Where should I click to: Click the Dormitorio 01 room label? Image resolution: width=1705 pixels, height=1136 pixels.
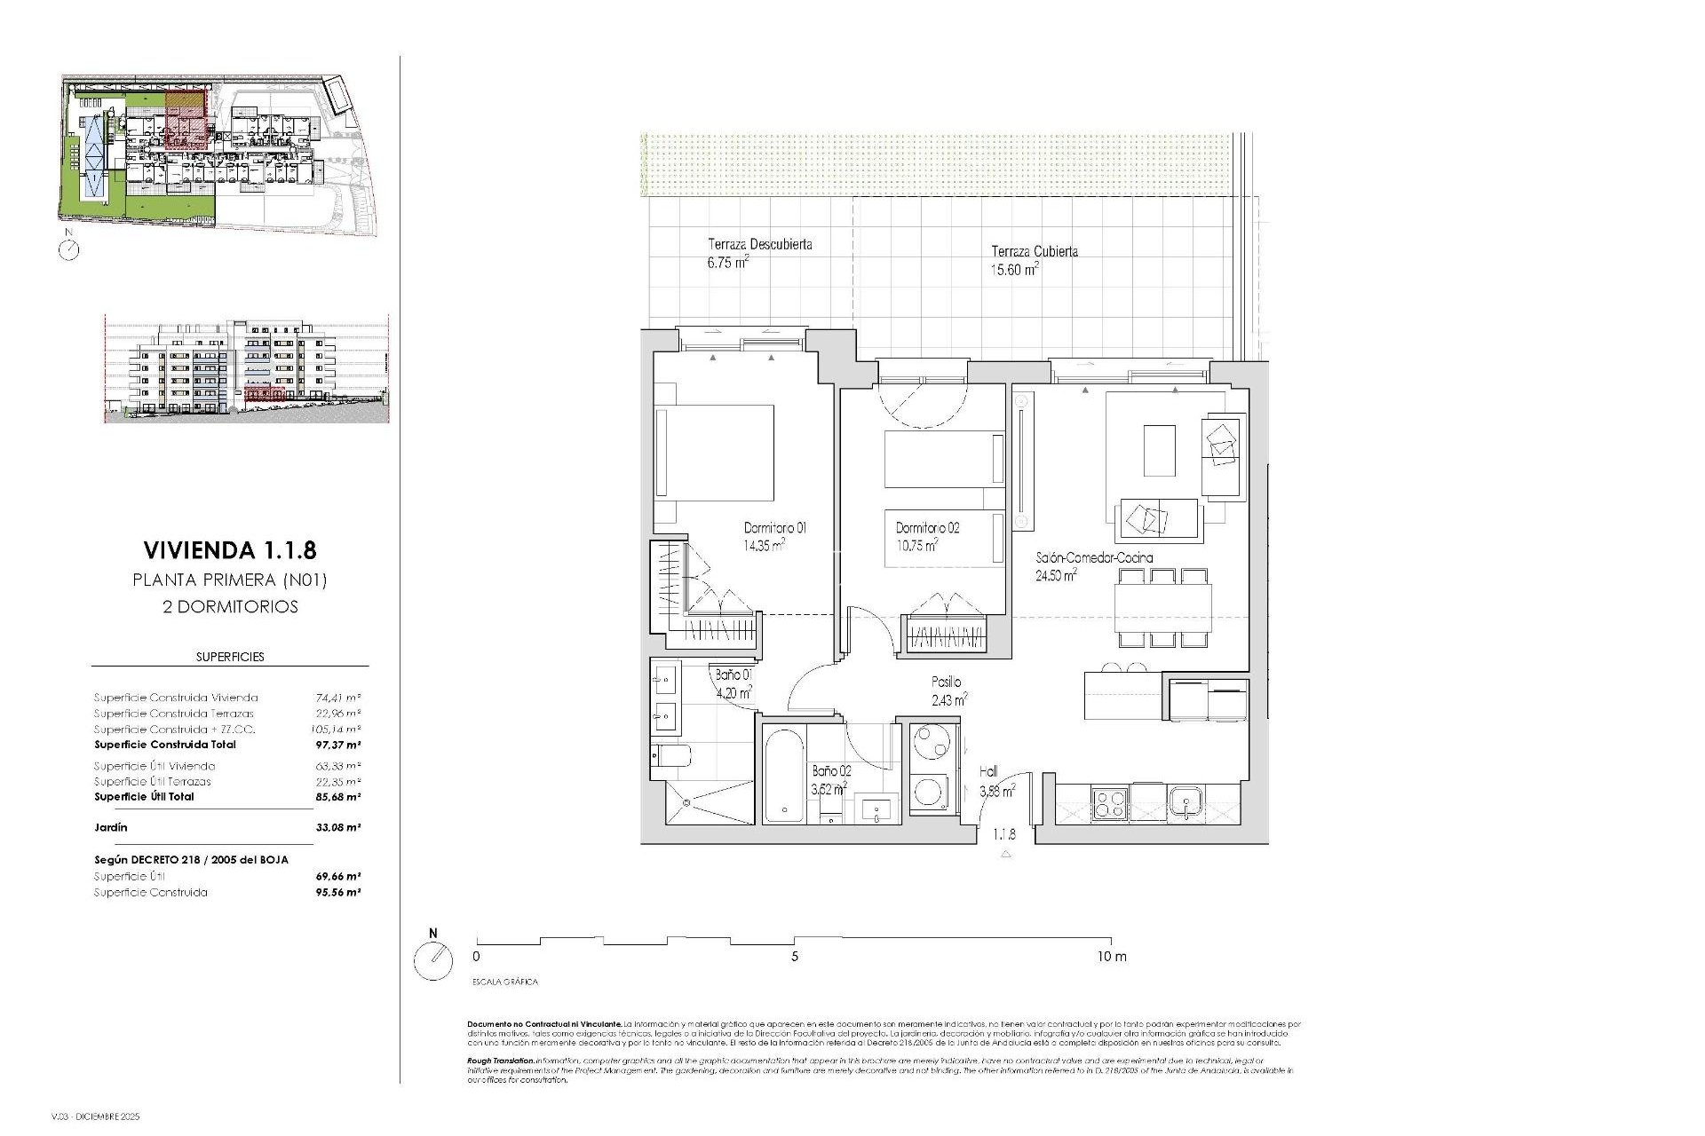pyautogui.click(x=774, y=528)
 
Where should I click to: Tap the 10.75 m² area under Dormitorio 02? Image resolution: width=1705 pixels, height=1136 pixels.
pyautogui.click(x=917, y=546)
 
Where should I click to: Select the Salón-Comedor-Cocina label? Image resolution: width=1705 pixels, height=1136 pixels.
pyautogui.click(x=1094, y=558)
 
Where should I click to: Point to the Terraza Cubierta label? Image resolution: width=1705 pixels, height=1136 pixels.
pyautogui.click(x=1035, y=251)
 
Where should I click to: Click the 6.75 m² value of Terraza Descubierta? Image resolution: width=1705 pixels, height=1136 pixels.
pyautogui.click(x=727, y=262)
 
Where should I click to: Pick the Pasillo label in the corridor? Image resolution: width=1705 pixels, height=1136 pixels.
pyautogui.click(x=946, y=682)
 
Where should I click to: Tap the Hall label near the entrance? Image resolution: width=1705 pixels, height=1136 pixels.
pyautogui.click(x=988, y=772)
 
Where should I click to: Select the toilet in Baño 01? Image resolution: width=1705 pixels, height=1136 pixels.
pyautogui.click(x=670, y=756)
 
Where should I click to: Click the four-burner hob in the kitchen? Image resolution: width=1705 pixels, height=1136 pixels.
pyautogui.click(x=1109, y=804)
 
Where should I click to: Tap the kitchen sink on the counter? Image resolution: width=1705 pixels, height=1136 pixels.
pyautogui.click(x=1185, y=804)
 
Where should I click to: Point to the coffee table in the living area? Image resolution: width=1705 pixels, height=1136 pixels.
pyautogui.click(x=1159, y=450)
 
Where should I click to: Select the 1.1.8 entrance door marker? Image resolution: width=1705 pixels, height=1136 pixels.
pyautogui.click(x=1004, y=835)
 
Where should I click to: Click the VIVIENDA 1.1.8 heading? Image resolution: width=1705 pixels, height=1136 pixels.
pyautogui.click(x=229, y=550)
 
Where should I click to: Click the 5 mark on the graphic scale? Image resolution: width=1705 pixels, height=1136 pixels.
pyautogui.click(x=795, y=957)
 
